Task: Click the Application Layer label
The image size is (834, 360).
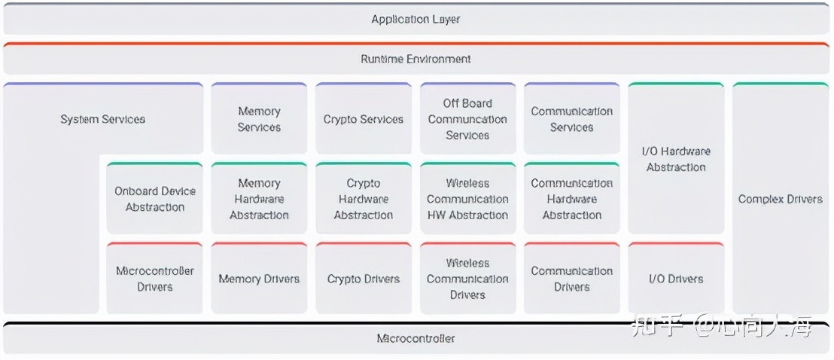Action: (x=415, y=20)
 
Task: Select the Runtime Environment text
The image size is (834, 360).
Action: (x=415, y=59)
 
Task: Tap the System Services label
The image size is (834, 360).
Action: (x=103, y=119)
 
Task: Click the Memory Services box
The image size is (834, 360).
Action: (x=259, y=119)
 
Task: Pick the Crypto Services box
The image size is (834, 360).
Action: (x=364, y=119)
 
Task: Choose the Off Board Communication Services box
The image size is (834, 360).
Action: (x=467, y=119)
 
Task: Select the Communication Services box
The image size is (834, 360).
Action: (x=572, y=119)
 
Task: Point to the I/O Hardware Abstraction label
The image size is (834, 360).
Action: (x=676, y=159)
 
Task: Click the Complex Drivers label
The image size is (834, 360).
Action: (x=781, y=199)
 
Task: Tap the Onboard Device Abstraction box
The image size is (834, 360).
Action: (x=155, y=199)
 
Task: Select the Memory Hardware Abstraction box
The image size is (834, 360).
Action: (x=259, y=199)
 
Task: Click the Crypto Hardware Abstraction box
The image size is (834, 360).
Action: (x=364, y=199)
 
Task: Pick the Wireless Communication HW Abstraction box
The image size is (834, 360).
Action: (x=467, y=199)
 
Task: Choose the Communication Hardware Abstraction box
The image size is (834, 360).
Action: (x=572, y=199)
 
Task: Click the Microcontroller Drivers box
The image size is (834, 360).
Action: (x=155, y=279)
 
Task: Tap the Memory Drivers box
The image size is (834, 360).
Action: (x=259, y=279)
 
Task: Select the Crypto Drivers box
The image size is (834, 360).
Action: (x=364, y=279)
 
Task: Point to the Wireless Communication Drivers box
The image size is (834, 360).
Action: (x=467, y=279)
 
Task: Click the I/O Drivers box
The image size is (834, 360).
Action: (x=676, y=279)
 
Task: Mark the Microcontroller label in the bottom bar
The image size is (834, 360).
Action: (x=415, y=338)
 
